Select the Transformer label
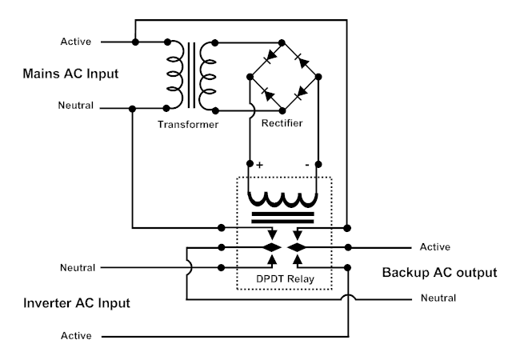pyautogui.click(x=188, y=125)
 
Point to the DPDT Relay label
pyautogui.click(x=284, y=280)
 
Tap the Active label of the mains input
pyautogui.click(x=76, y=41)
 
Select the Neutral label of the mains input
pyautogui.click(x=76, y=106)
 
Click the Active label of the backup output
pyautogui.click(x=435, y=247)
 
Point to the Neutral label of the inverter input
pyautogui.click(x=78, y=267)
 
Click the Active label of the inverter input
pyautogui.click(x=76, y=336)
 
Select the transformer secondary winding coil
pyautogui.click(x=209, y=74)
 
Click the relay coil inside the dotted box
pyautogui.click(x=284, y=199)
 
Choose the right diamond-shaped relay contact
pyautogui.click(x=298, y=247)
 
